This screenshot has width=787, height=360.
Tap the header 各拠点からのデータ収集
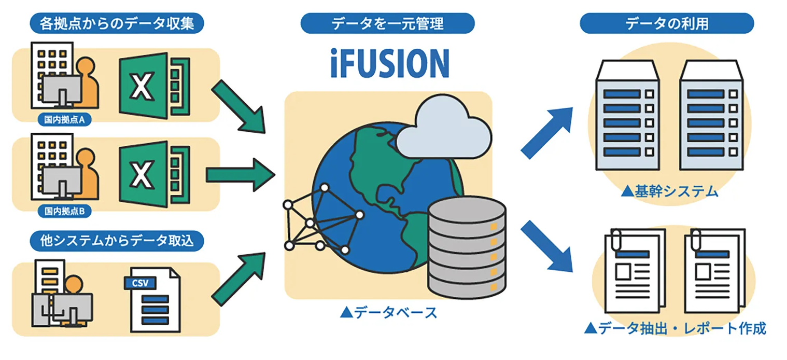point(117,23)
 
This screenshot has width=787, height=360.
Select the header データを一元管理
point(388,23)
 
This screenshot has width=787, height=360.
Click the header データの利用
point(667,23)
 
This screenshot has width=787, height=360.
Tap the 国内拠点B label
point(65,211)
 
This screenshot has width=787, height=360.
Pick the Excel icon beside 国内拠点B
point(150,174)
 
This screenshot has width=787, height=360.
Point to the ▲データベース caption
point(388,312)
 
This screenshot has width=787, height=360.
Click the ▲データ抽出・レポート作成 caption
point(674,328)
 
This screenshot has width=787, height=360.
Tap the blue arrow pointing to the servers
point(547,132)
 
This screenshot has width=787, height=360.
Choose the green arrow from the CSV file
point(239,275)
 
